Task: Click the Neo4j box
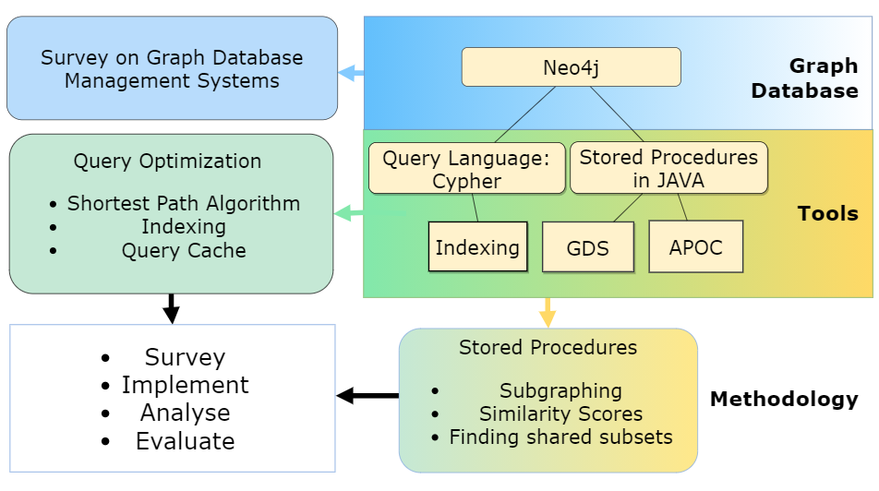point(571,67)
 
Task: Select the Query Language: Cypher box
point(466,169)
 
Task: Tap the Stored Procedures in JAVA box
point(668,169)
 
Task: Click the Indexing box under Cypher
point(477,246)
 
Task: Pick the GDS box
point(587,247)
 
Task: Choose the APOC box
point(696,246)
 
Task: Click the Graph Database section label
point(804,78)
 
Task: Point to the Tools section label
point(827,214)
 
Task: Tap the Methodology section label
point(783,400)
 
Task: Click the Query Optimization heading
point(167,161)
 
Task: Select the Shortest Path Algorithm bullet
point(184,203)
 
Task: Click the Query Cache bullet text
point(184,250)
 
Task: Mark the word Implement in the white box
point(185,385)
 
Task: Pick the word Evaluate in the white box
point(185,441)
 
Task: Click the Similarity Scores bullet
point(560,414)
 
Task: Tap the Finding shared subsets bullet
point(560,437)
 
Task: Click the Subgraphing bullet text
point(560,391)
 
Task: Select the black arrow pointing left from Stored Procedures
point(367,396)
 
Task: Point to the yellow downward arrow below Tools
point(548,312)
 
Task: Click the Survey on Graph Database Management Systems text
point(172,69)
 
